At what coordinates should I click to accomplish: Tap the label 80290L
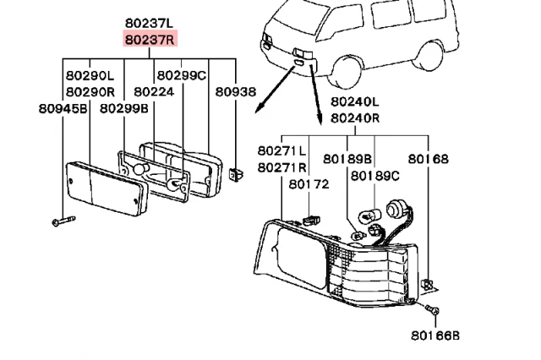[89, 75]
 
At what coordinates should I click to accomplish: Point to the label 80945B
[63, 108]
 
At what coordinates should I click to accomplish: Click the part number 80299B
[124, 108]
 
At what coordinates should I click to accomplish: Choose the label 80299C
[182, 75]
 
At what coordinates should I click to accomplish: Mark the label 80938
[235, 91]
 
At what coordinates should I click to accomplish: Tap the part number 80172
[309, 183]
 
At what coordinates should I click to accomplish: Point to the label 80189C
[375, 176]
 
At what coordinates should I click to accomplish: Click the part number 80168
[429, 159]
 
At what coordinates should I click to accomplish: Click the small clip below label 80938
[235, 174]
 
